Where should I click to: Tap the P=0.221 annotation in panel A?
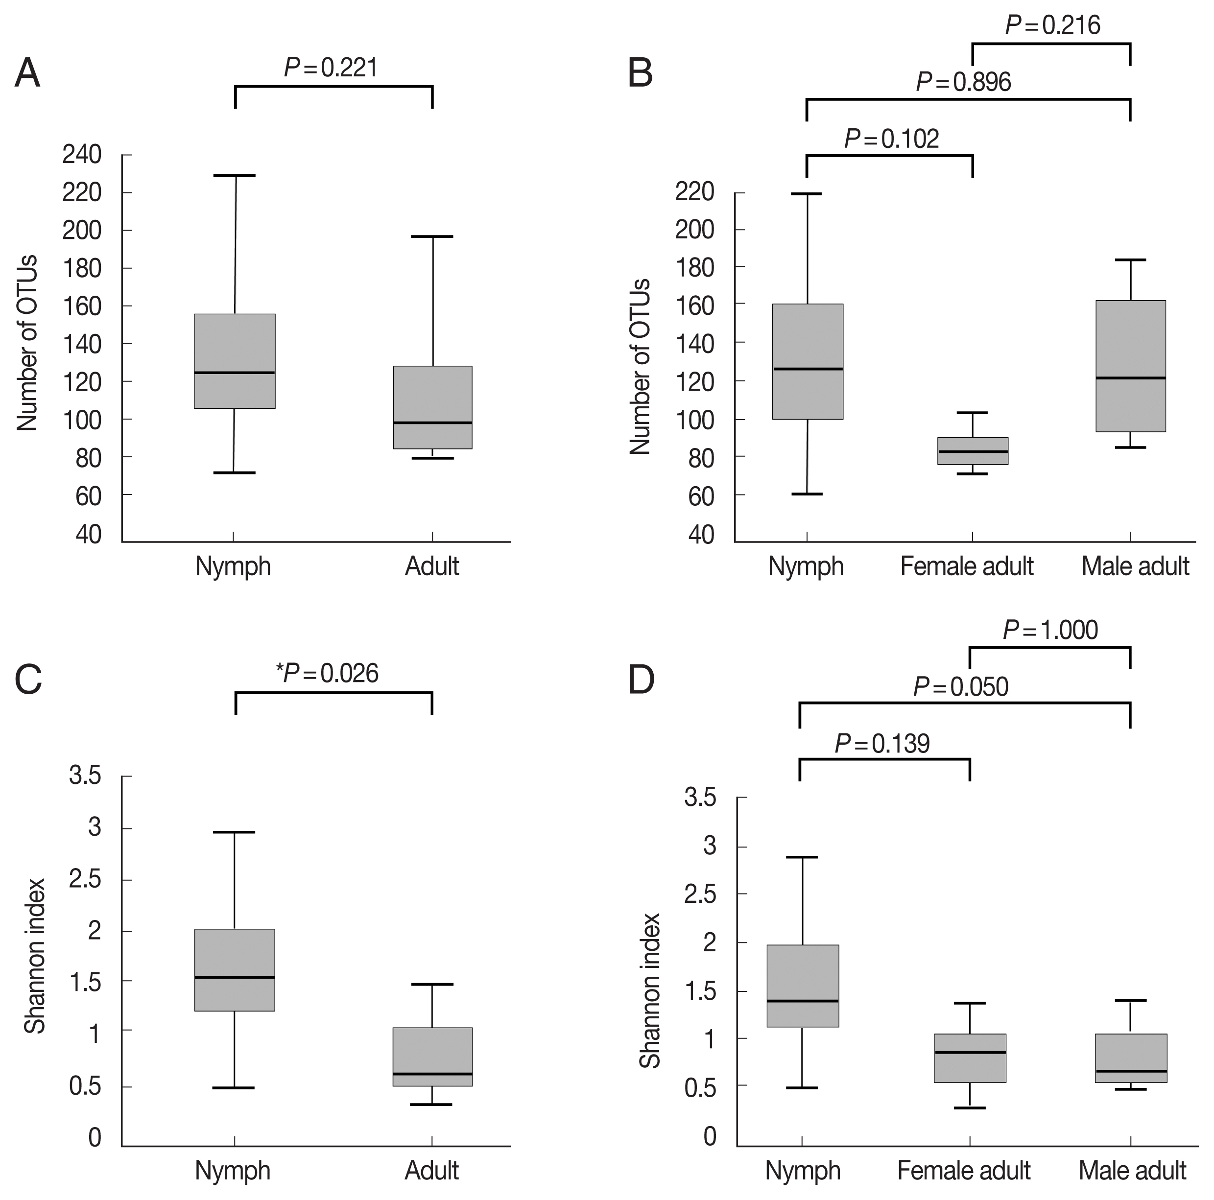[331, 67]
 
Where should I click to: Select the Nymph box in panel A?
[235, 361]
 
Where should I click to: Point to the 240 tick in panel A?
[82, 155]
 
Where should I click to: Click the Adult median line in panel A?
[432, 423]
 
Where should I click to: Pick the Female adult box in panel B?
[973, 450]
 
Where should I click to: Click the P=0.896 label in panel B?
[964, 82]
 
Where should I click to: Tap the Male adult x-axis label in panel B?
[1135, 566]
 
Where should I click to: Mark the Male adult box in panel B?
[1130, 366]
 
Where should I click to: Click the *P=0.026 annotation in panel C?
[328, 674]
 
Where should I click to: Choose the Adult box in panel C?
[432, 1057]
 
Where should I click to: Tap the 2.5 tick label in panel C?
[86, 880]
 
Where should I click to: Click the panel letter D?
[641, 680]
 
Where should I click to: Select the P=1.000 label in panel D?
[1050, 630]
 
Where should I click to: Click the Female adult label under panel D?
[963, 1171]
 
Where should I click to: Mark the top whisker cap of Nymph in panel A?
[235, 175]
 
